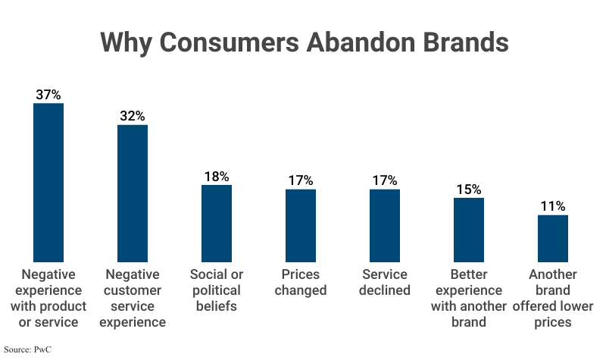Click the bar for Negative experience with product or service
(48, 182)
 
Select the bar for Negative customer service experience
(133, 193)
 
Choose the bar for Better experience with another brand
(469, 230)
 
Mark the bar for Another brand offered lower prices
(553, 238)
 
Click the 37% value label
(48, 95)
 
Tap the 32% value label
(133, 117)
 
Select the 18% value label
(217, 177)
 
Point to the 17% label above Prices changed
(301, 181)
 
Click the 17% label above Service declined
(385, 181)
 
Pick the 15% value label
(469, 189)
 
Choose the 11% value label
(553, 207)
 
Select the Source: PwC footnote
(27, 350)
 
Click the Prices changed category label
(301, 282)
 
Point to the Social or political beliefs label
(217, 290)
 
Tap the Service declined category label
(385, 282)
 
